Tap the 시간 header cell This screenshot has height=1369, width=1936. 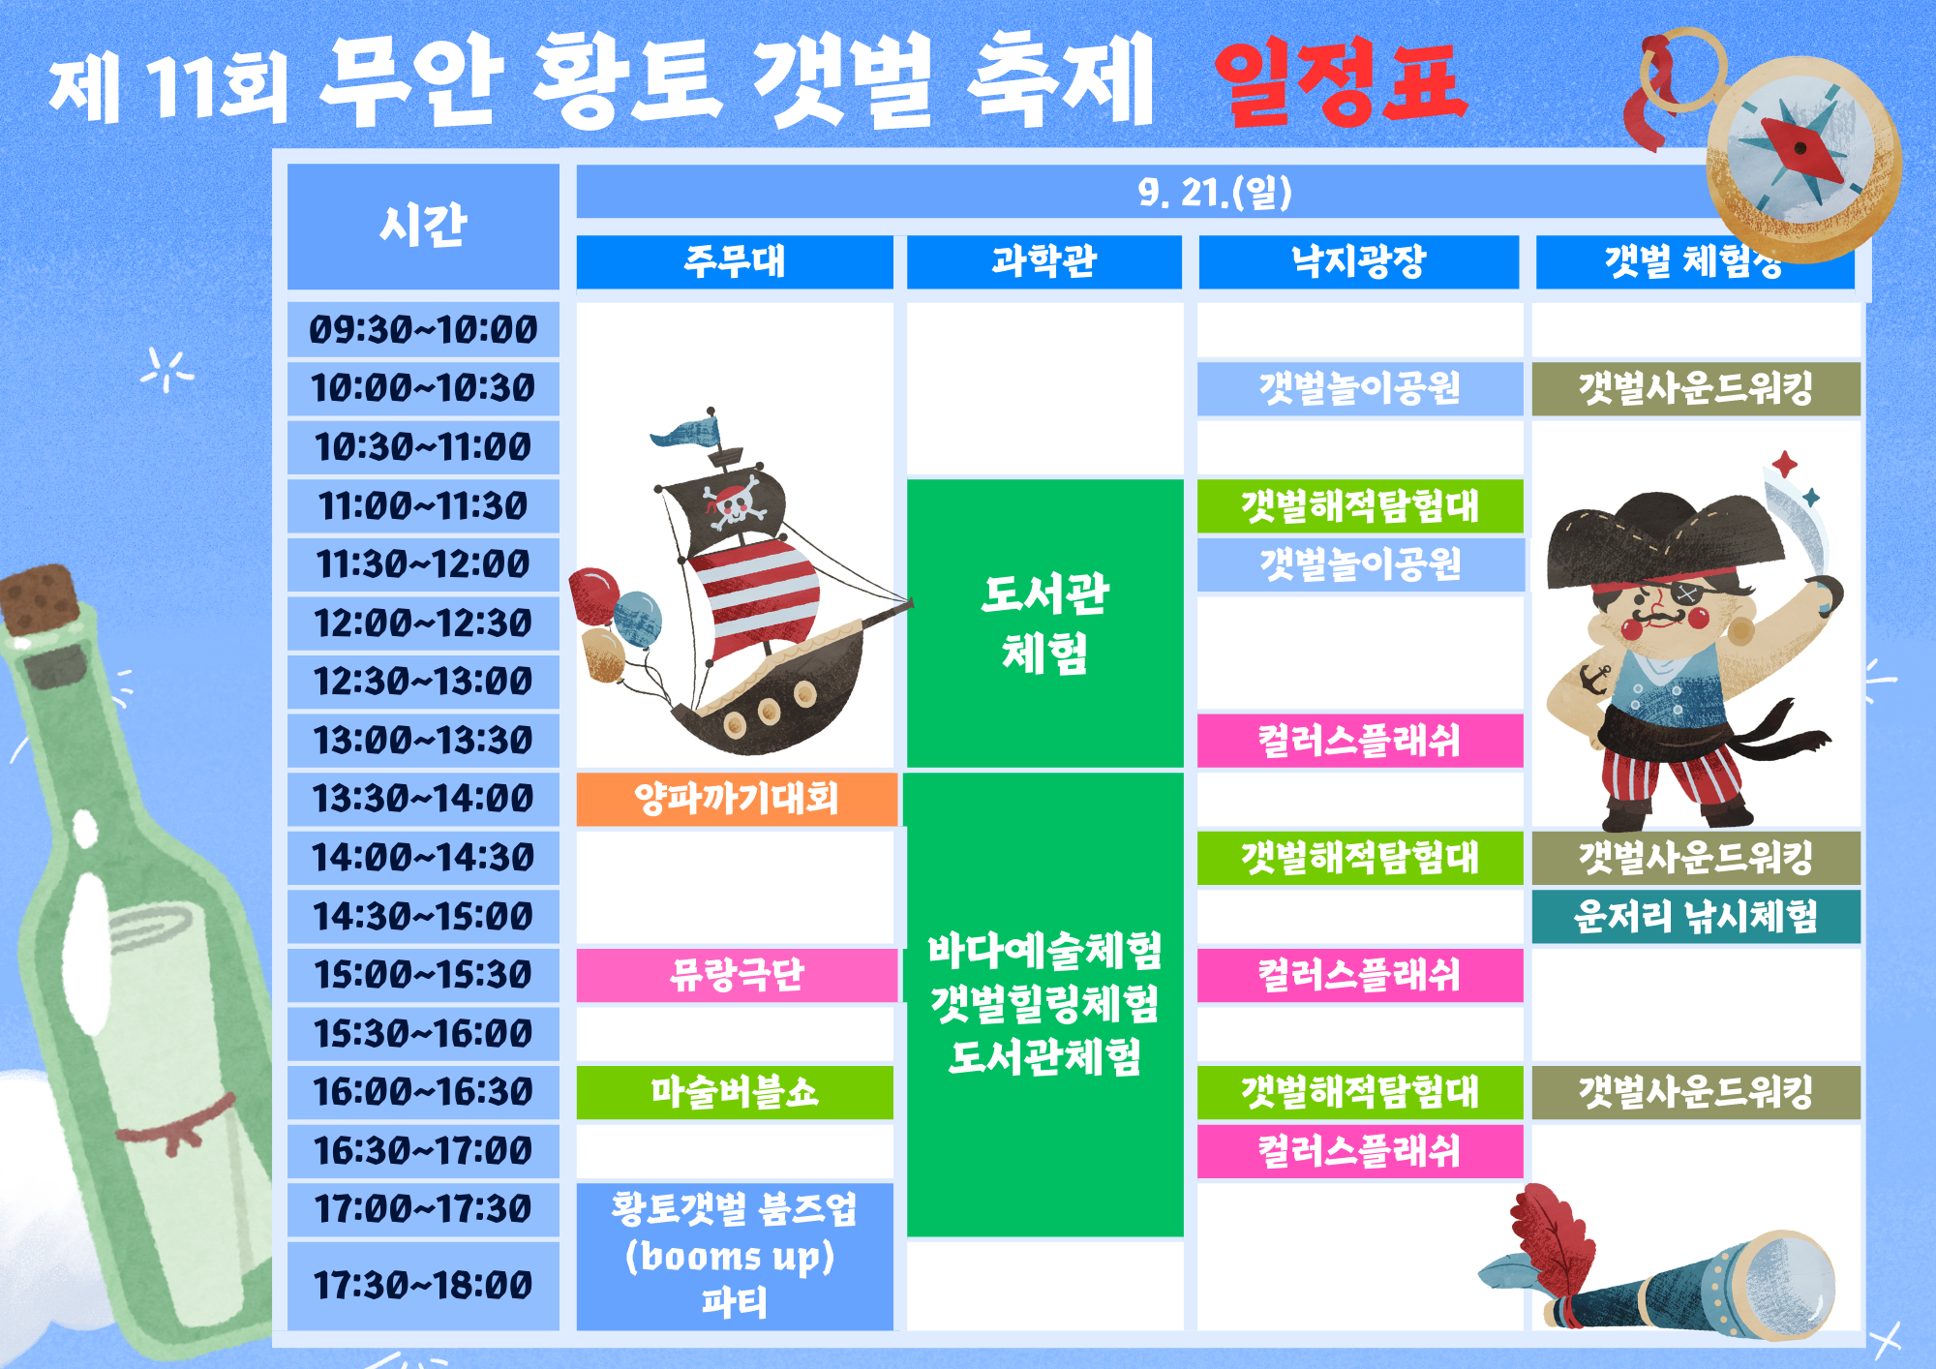coord(423,226)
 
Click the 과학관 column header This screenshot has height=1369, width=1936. coord(1044,261)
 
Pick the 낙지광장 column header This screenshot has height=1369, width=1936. coord(1358,261)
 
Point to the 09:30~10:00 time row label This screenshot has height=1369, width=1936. coord(423,330)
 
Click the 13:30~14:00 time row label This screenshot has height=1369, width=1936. coord(423,799)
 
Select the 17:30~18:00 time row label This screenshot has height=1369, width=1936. coord(423,1285)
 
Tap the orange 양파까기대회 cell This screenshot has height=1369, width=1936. coord(736,799)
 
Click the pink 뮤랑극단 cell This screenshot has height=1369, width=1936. coord(736,975)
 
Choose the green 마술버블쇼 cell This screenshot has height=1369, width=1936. coord(735,1092)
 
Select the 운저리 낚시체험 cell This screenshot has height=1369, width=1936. coord(1695,916)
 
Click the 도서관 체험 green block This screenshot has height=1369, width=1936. coord(1044,623)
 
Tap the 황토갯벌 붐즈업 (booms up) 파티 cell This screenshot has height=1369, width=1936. coord(735,1256)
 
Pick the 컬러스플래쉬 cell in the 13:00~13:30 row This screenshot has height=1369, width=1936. coord(1359,741)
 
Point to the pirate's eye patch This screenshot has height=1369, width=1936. coord(1686,593)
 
